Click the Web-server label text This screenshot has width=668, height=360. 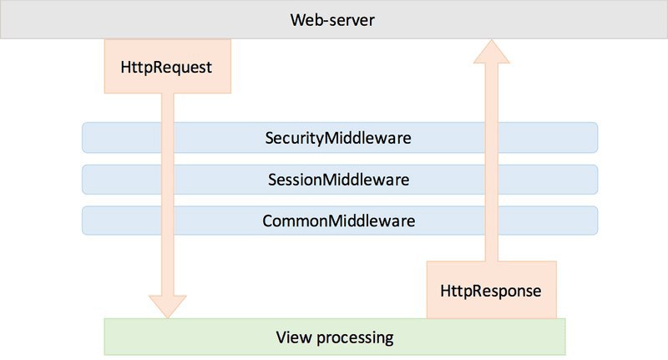click(332, 20)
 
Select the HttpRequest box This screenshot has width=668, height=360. click(168, 67)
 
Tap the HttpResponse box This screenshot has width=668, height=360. click(492, 290)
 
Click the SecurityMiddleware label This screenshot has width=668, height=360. click(338, 138)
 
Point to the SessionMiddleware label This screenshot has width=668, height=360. click(339, 180)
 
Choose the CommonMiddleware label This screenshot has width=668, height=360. click(339, 221)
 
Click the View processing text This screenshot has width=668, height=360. click(335, 337)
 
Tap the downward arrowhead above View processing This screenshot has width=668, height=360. click(168, 307)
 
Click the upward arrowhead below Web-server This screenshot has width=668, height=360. click(492, 52)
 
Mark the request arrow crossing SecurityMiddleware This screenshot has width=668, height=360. click(168, 138)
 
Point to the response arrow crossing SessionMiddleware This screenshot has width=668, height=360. click(492, 180)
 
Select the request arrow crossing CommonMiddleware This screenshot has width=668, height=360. click(168, 221)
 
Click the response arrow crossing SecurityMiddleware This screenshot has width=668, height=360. click(492, 138)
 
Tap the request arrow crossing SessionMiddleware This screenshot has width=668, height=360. click(168, 180)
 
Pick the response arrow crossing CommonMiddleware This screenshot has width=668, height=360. click(492, 221)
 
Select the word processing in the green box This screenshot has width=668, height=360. click(356, 337)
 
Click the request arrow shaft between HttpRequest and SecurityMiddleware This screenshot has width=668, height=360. click(168, 108)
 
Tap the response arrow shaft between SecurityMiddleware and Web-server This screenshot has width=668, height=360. click(492, 93)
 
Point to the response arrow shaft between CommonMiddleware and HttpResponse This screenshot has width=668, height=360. click(492, 248)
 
